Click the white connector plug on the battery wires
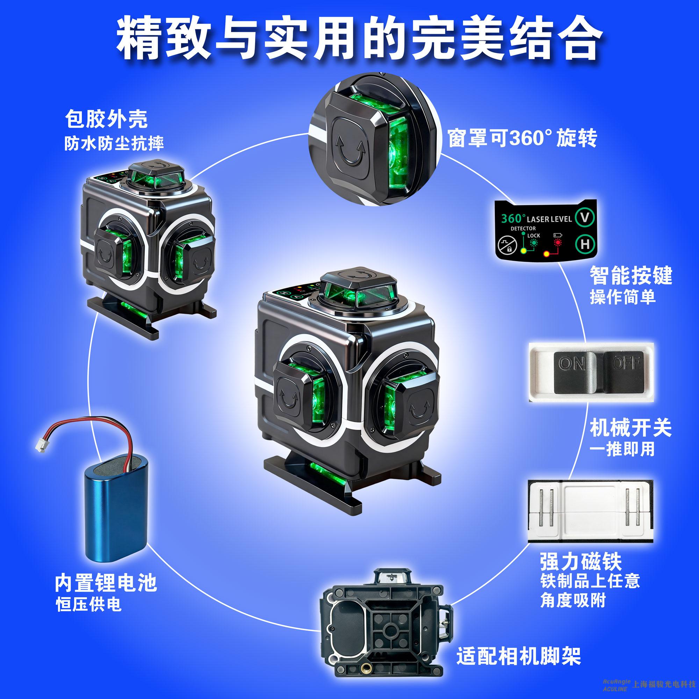click(39, 446)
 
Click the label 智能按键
click(631, 276)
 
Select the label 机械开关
click(630, 428)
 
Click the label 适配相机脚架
click(519, 655)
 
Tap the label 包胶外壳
click(106, 119)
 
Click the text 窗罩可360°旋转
click(523, 138)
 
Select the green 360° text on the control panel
click(513, 218)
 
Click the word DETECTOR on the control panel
click(523, 229)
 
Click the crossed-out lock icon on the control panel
click(508, 245)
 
